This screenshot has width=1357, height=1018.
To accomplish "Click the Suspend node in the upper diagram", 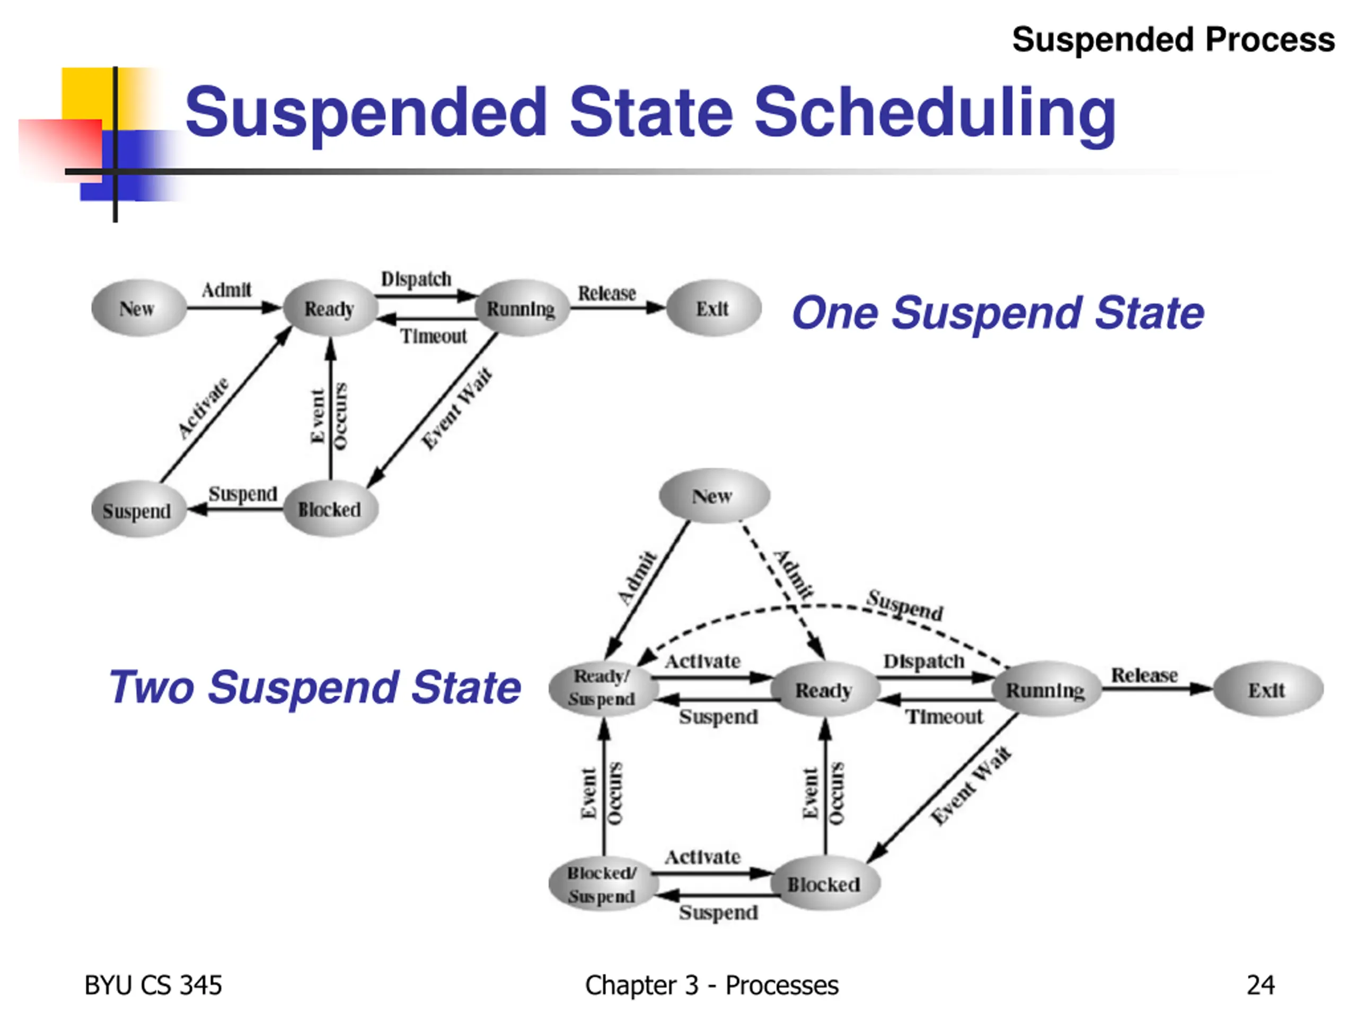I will [x=137, y=511].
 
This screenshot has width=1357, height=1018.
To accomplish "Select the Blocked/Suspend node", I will [x=602, y=884].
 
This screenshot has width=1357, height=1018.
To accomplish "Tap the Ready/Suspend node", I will [x=602, y=688].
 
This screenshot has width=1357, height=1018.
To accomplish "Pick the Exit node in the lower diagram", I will [x=1267, y=690].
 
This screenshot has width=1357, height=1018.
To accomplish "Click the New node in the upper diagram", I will [x=137, y=308].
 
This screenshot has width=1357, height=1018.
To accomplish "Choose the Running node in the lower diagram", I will [x=1045, y=690].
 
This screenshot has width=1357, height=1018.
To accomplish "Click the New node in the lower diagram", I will [x=713, y=496].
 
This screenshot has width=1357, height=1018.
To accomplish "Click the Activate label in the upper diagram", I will [x=203, y=408].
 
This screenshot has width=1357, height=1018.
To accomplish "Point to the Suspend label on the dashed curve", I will [x=905, y=605].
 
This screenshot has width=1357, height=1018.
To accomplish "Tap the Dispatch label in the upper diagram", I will [x=417, y=279].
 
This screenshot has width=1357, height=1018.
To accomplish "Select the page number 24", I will [x=1261, y=986].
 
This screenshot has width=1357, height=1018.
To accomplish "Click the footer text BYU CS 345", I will [x=153, y=986].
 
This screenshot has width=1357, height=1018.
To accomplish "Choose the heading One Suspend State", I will [x=998, y=313].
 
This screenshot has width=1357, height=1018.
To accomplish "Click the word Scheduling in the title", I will [x=935, y=112].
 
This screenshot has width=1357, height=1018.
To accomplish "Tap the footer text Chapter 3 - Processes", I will [x=711, y=986].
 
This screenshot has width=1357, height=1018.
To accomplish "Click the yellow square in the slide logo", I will [x=86, y=92].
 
